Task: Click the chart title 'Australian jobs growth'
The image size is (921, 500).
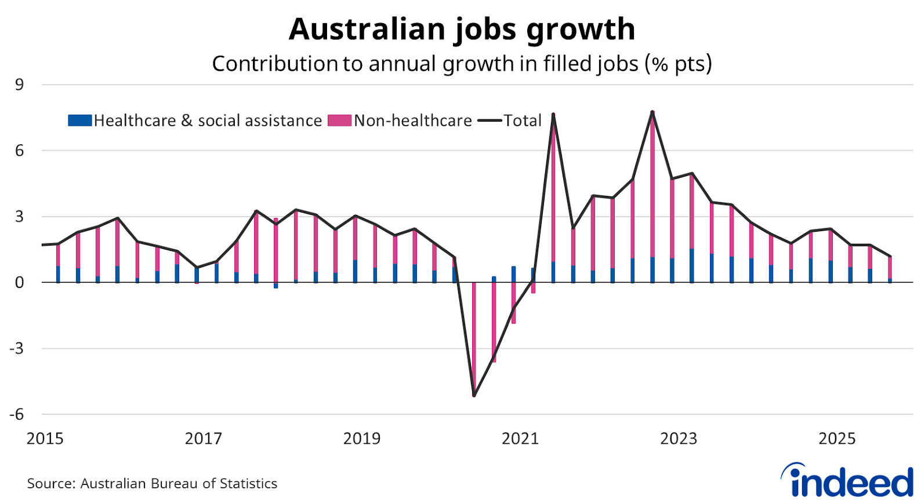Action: click(x=462, y=29)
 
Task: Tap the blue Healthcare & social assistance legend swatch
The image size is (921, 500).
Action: click(x=79, y=121)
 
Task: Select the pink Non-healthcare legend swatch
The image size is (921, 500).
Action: click(x=339, y=121)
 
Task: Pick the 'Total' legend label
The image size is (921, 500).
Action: click(x=522, y=121)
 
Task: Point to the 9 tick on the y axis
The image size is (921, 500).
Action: click(x=20, y=85)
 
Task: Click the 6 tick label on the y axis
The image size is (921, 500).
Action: click(x=20, y=151)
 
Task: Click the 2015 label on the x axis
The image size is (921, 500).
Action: click(x=45, y=439)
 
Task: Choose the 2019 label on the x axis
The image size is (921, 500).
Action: click(x=362, y=439)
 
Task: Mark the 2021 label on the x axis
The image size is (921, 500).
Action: click(x=520, y=439)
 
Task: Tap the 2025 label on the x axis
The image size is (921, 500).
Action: click(x=837, y=439)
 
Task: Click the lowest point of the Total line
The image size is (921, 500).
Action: click(x=474, y=396)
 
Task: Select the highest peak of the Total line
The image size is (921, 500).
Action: click(x=652, y=112)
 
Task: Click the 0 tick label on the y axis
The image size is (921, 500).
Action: click(x=20, y=283)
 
